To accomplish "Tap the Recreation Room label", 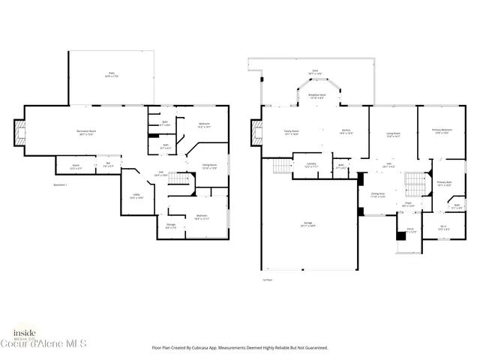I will coord(89,133).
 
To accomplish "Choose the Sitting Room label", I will coord(209,166).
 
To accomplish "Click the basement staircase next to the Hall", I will coord(178,179).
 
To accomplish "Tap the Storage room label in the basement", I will coord(170,225).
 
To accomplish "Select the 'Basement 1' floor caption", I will coord(61,184).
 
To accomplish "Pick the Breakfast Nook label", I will coord(317,96).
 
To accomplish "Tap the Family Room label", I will coord(291,133).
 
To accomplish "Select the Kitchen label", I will coord(346,133).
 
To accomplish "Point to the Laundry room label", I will coord(311,166).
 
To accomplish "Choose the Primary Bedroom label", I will coord(441,132).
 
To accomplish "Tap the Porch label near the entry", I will coord(410,230).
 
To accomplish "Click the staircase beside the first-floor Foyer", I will coord(415,182).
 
